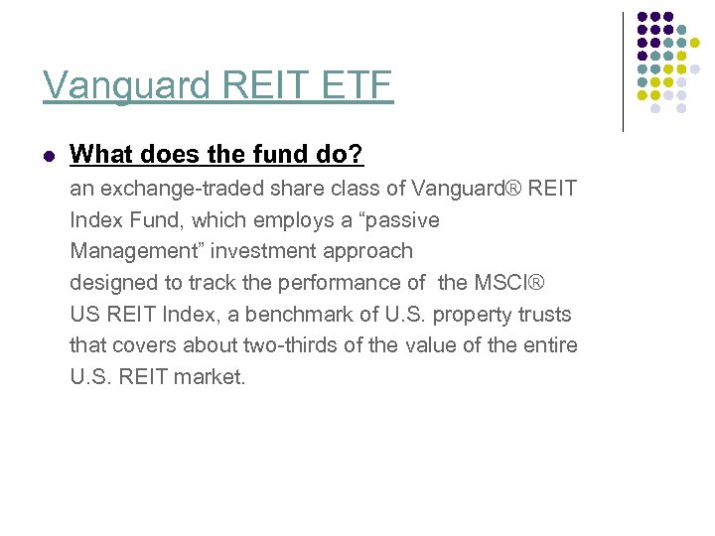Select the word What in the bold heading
pyautogui.click(x=96, y=155)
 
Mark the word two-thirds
pyautogui.click(x=288, y=345)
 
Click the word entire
pyautogui.click(x=550, y=345)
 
